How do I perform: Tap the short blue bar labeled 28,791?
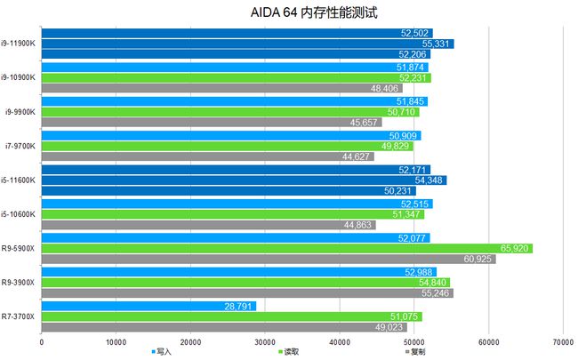(149, 305)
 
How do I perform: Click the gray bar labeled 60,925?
(268, 259)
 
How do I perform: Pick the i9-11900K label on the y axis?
(18, 43)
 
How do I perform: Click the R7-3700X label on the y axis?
(19, 316)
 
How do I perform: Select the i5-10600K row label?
(18, 213)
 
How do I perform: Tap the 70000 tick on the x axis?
(562, 340)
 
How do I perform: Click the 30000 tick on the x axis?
(264, 340)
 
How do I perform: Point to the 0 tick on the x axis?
(42, 340)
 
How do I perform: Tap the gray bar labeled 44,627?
(207, 156)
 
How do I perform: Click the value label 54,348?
(430, 180)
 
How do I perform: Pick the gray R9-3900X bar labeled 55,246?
(246, 292)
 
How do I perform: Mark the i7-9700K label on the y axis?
(19, 145)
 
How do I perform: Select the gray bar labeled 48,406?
(221, 88)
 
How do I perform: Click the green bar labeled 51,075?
(231, 316)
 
